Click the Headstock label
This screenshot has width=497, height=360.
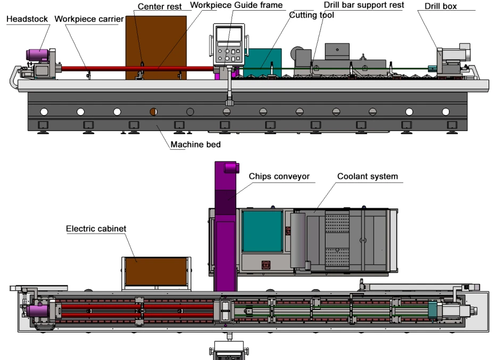pyautogui.click(x=27, y=19)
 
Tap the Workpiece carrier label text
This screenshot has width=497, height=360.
pyautogui.click(x=89, y=19)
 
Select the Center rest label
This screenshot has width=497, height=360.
pyautogui.click(x=160, y=6)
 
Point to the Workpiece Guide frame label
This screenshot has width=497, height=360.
pyautogui.click(x=236, y=5)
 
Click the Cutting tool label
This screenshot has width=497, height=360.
pyautogui.click(x=312, y=15)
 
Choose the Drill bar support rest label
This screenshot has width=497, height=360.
pyautogui.click(x=364, y=5)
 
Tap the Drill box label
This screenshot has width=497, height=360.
pyautogui.click(x=441, y=6)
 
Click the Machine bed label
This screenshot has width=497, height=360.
pyautogui.click(x=196, y=145)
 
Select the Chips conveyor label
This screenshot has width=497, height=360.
pyautogui.click(x=279, y=176)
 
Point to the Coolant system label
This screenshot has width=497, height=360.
pyautogui.click(x=367, y=176)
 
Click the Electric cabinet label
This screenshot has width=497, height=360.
pyautogui.click(x=96, y=228)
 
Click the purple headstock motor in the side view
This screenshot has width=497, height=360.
pyautogui.click(x=37, y=55)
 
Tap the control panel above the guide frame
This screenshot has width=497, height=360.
pyautogui.click(x=229, y=44)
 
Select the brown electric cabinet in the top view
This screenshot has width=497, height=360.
pyautogui.click(x=156, y=272)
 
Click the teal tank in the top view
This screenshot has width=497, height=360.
pyautogui.click(x=262, y=232)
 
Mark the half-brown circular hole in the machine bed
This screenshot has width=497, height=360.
pyautogui.click(x=153, y=112)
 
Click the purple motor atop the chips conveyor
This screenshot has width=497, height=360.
pyautogui.click(x=231, y=167)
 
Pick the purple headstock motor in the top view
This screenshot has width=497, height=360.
pyautogui.click(x=37, y=311)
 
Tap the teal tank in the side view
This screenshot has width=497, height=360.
pyautogui.click(x=262, y=62)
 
